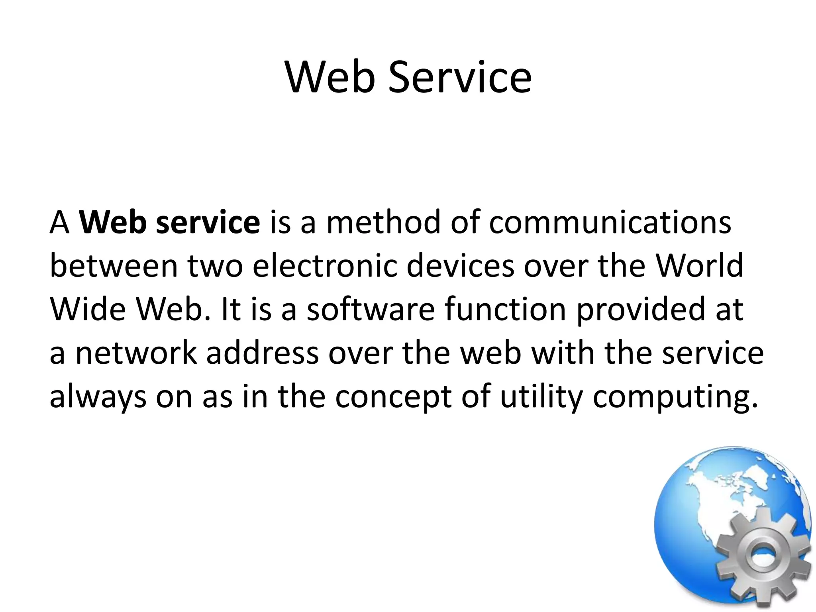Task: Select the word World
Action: tap(699, 266)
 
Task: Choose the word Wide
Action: tap(88, 310)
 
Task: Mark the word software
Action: tap(371, 310)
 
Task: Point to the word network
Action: tap(135, 353)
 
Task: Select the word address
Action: tap(263, 353)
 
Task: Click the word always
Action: tap(98, 397)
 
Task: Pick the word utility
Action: tap(541, 397)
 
